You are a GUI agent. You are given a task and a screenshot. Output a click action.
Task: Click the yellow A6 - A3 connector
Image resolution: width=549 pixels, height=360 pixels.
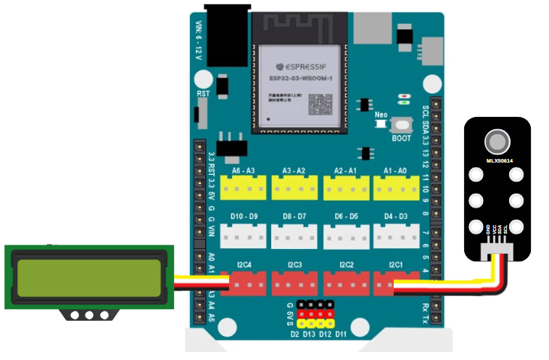243,189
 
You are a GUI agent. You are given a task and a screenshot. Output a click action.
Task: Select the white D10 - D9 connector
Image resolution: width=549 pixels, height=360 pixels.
243,235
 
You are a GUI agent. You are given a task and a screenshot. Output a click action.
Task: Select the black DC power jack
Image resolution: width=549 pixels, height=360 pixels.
226,29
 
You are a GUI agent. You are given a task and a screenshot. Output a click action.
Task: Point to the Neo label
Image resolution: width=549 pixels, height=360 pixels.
381,115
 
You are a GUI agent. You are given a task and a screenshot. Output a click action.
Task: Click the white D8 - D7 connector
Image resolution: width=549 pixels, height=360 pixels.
294,235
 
